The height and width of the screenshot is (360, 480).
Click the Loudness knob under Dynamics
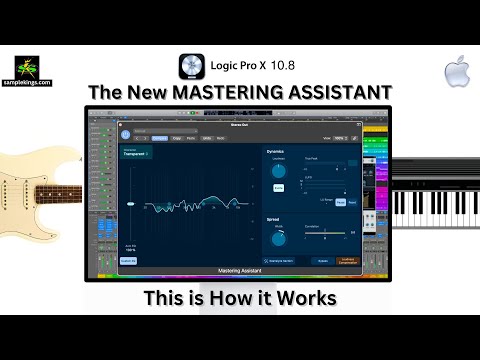278,172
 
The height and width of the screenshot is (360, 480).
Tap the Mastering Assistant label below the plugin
239,271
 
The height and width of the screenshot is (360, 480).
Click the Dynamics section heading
277,151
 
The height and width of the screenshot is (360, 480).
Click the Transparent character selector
134,156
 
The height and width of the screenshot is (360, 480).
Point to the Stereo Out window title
239,124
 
